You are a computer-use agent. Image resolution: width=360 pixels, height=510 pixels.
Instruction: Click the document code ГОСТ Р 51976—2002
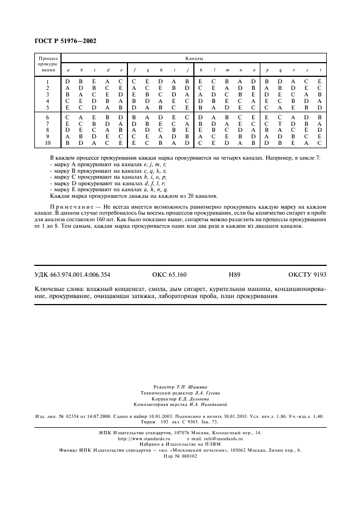62,41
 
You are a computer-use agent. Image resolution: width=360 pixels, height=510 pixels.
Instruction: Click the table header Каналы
194,57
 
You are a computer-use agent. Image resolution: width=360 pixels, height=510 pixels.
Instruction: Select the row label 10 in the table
48,143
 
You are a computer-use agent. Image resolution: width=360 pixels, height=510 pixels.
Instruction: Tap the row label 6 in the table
48,117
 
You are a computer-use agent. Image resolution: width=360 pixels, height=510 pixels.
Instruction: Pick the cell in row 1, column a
68,82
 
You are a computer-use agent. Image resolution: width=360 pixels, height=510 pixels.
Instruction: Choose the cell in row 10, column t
320,143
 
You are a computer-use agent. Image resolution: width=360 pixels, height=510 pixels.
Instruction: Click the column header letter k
201,70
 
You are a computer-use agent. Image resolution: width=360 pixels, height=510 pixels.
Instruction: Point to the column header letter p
267,70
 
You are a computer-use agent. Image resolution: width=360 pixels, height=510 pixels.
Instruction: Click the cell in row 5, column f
134,107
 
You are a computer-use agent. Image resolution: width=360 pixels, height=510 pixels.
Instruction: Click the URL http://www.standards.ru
145,438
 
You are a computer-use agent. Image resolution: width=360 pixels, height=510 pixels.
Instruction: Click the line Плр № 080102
180,456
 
